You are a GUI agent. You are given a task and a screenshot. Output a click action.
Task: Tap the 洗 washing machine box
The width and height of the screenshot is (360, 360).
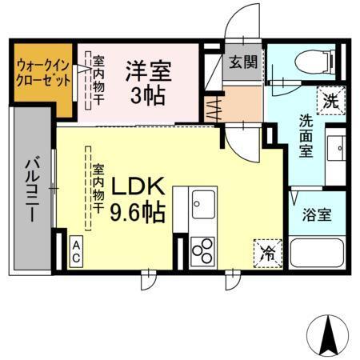[330, 100]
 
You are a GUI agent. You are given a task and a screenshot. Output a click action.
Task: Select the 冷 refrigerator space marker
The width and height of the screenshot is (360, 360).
[266, 254]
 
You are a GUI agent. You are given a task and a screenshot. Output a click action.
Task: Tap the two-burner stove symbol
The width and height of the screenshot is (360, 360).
[202, 250]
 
